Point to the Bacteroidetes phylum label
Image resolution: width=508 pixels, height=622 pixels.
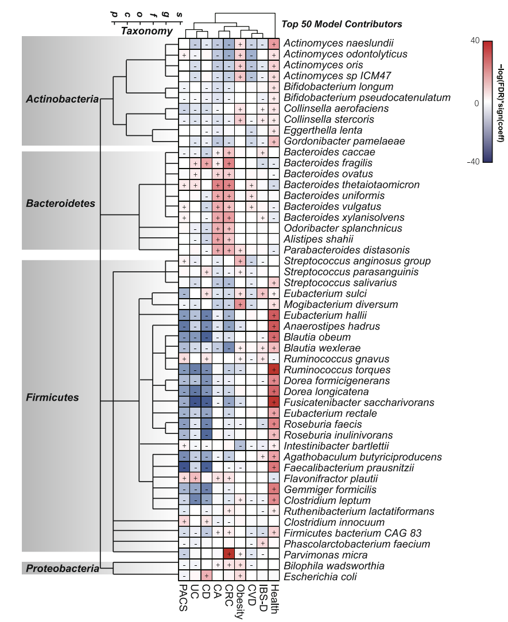pos(61,204)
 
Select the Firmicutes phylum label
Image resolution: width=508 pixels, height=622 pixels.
pos(53,397)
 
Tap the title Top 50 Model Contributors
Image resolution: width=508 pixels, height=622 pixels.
pos(342,24)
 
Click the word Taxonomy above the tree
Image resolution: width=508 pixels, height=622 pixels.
pos(146,31)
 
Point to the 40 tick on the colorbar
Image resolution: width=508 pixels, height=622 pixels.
pos(474,41)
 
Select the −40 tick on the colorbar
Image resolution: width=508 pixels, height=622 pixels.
pos(473,162)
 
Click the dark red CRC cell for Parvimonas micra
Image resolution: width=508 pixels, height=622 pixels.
pos(229,554)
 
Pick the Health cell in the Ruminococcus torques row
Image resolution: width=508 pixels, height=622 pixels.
pos(274,370)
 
